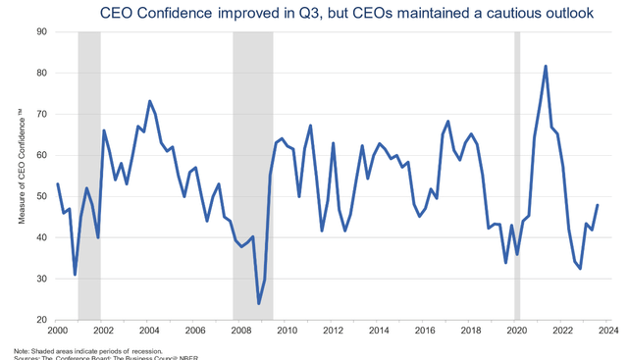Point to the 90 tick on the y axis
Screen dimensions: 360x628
[43, 31]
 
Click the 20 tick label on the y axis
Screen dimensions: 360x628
[43, 320]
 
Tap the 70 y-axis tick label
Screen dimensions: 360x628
[43, 114]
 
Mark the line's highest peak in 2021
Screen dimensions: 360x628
[546, 66]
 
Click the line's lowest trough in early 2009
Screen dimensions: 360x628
[259, 303]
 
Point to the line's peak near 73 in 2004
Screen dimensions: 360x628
[149, 101]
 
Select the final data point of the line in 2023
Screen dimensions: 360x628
[598, 205]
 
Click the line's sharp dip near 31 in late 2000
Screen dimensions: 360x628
[75, 274]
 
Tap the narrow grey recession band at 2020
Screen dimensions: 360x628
[517, 177]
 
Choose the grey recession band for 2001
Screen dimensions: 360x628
[88, 177]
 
